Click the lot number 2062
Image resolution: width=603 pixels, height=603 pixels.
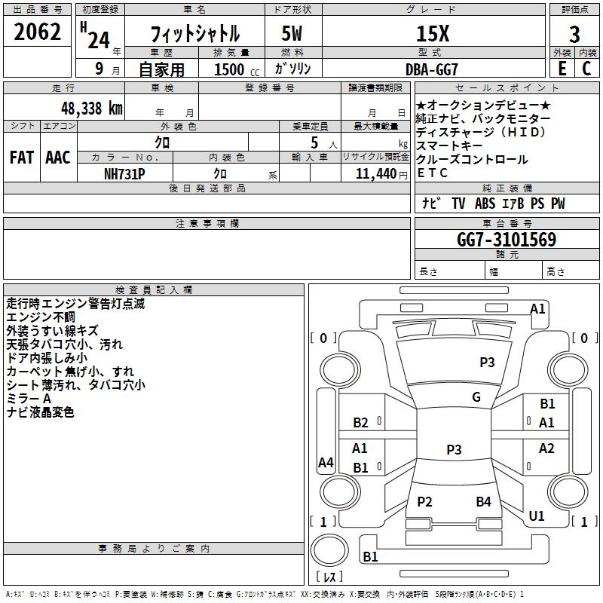[x=37, y=32]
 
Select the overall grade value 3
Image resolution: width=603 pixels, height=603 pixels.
[x=574, y=35]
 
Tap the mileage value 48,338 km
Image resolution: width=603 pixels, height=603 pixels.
[x=92, y=109]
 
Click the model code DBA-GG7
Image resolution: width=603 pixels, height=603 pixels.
[x=432, y=69]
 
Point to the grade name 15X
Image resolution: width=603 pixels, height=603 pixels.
[x=433, y=34]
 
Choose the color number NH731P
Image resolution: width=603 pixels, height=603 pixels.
[x=124, y=174]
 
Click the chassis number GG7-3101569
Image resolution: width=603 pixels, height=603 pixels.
[x=507, y=240]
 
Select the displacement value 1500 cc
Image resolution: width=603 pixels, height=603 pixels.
[x=237, y=69]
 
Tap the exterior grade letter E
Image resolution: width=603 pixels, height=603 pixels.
[x=562, y=69]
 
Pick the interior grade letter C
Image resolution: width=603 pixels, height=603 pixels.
[x=586, y=69]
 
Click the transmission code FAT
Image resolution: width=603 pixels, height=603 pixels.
[x=22, y=158]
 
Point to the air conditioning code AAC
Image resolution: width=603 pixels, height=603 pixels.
[x=58, y=158]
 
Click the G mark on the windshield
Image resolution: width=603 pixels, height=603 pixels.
[x=476, y=397]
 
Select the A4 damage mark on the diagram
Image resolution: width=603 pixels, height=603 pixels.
[x=326, y=462]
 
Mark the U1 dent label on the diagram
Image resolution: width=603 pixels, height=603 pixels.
[x=537, y=516]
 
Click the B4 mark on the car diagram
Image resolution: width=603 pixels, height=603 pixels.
[x=483, y=501]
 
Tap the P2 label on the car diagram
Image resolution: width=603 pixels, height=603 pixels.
[x=424, y=501]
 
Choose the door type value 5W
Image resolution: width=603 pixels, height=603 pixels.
[x=292, y=34]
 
